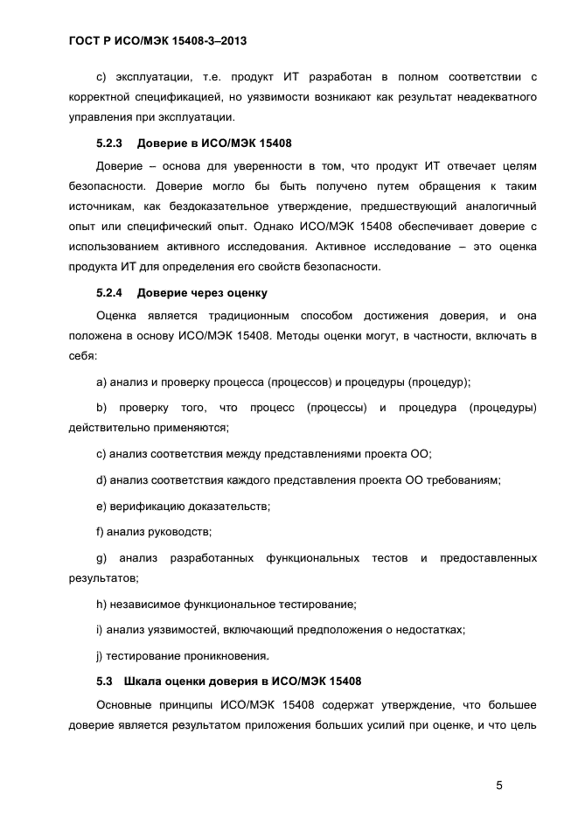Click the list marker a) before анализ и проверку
click(101, 381)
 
